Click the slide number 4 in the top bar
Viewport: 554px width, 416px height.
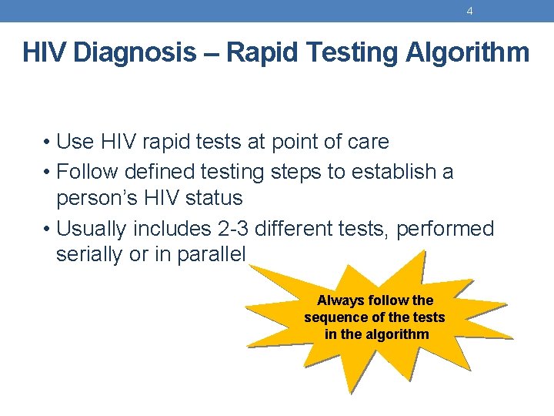pos(469,11)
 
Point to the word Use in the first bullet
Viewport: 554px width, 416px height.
pos(75,143)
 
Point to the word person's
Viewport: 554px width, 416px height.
pos(90,199)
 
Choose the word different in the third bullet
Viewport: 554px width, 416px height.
pos(298,229)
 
